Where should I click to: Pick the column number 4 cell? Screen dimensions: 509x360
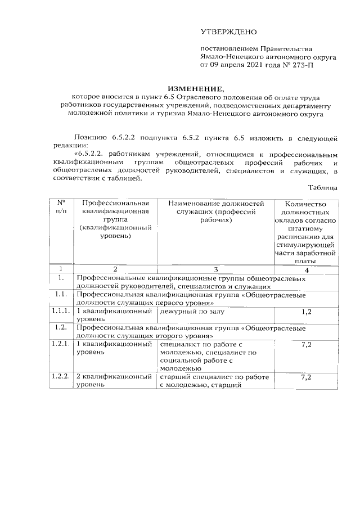point(306,269)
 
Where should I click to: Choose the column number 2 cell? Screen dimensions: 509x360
point(115,269)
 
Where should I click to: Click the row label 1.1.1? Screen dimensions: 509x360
point(61,310)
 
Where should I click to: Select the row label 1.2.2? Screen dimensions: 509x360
point(61,377)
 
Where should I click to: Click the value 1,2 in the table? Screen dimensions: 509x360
point(306,311)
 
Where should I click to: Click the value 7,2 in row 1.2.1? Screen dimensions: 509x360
point(306,344)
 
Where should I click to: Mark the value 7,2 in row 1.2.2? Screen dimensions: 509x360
point(306,377)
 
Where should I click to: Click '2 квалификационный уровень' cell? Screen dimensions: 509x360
point(115,381)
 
